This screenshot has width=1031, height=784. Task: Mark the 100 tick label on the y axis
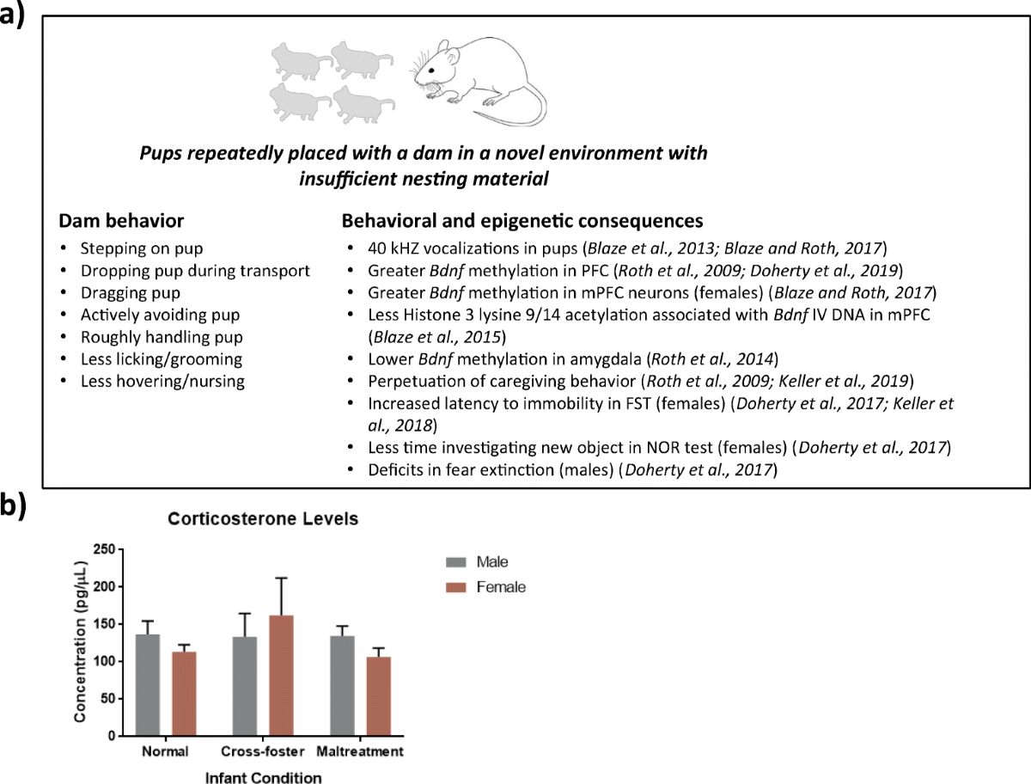105,661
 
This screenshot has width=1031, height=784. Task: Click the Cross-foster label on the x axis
263,752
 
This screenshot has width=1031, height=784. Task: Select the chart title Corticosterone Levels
262,520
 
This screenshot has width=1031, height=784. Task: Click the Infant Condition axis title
263,777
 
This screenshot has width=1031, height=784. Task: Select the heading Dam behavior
121,221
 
